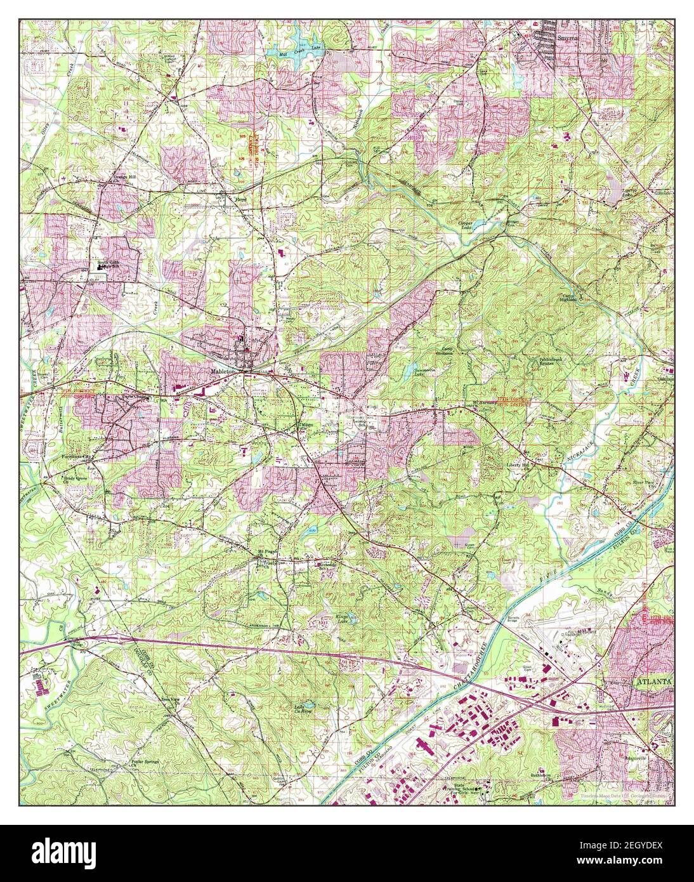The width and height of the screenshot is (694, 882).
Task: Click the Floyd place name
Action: [x=240, y=199]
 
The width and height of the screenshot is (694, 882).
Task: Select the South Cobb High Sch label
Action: [x=108, y=265]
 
